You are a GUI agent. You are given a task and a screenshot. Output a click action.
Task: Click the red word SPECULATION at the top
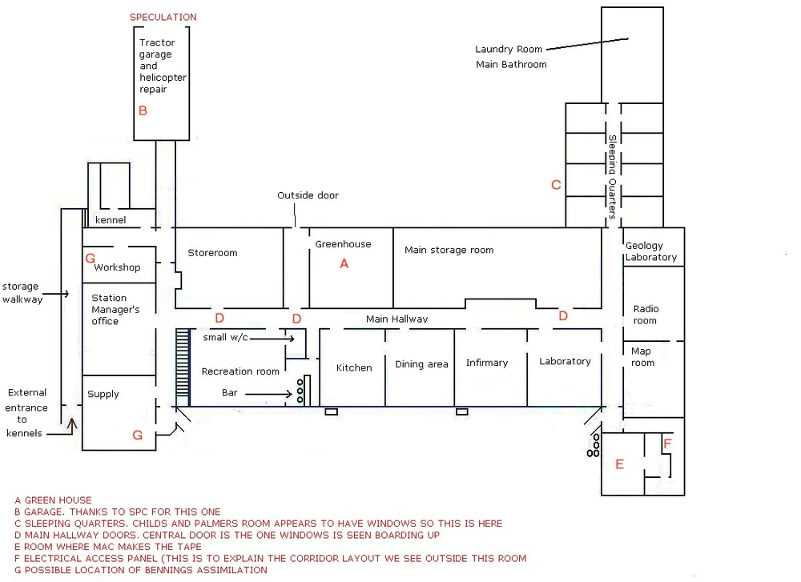[163, 17]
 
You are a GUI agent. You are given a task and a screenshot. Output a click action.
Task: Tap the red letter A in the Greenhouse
[344, 263]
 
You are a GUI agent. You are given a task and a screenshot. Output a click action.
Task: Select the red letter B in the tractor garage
[143, 111]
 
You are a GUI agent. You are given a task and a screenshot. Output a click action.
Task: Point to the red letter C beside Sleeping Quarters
[556, 185]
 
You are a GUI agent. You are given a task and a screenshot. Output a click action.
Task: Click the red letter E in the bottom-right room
[619, 464]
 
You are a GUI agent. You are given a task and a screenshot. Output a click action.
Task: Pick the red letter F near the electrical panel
[667, 443]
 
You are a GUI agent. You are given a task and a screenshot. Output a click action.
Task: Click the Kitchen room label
[354, 367]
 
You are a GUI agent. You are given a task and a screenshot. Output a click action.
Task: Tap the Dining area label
[421, 364]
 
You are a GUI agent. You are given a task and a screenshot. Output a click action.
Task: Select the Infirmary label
[487, 363]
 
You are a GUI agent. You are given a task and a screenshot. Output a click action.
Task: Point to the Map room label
[642, 357]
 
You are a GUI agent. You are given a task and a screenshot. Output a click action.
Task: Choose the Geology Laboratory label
[651, 251]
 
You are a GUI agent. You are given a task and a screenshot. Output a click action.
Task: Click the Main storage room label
[449, 250]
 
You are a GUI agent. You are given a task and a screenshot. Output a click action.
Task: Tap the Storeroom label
[212, 253]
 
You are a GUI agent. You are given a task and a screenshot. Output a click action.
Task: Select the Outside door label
[308, 195]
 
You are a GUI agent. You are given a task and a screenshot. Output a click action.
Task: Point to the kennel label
[111, 220]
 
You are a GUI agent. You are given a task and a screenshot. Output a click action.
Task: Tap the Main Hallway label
[396, 319]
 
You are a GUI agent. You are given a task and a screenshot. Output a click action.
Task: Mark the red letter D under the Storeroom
[219, 318]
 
